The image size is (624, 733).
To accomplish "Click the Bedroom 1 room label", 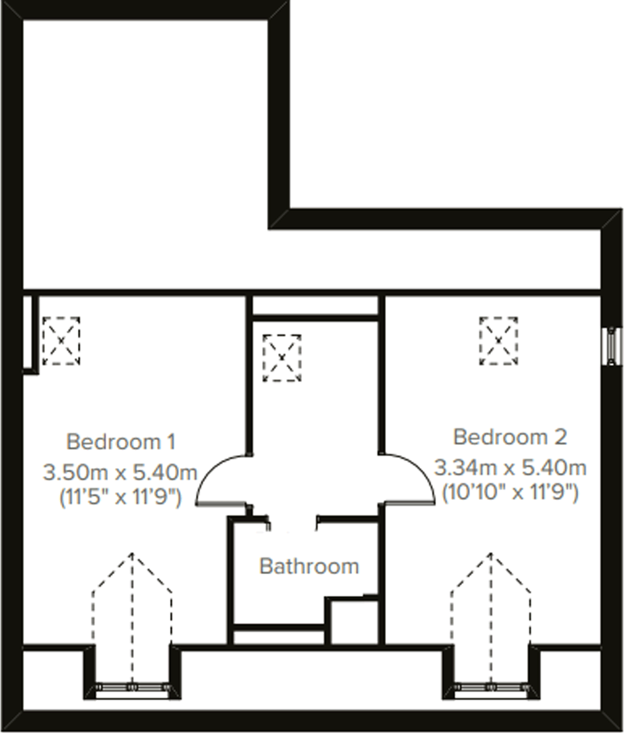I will pyautogui.click(x=121, y=442).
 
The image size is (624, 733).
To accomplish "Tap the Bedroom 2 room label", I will pyautogui.click(x=510, y=437).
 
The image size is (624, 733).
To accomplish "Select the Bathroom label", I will pyautogui.click(x=309, y=566).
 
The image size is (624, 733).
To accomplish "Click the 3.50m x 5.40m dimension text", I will pyautogui.click(x=120, y=473).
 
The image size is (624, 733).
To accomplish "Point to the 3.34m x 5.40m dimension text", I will pyautogui.click(x=510, y=468).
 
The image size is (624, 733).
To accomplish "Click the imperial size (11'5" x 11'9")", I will pyautogui.click(x=120, y=498).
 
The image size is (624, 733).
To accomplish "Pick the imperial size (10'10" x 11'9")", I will pyautogui.click(x=510, y=492).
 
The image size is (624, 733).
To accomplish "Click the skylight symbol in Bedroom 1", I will pyautogui.click(x=61, y=341).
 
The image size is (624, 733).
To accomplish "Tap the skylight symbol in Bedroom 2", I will pyautogui.click(x=498, y=341).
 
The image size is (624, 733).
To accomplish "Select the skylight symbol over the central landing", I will pyautogui.click(x=282, y=358).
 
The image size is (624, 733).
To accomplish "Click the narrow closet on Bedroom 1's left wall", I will pyautogui.click(x=27, y=334).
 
